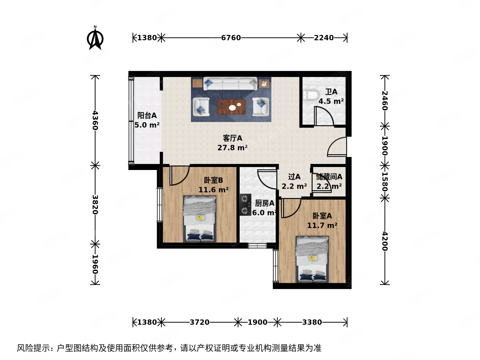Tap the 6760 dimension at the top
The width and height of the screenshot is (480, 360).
coord(231,38)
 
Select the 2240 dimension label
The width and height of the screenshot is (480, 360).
coord(324,38)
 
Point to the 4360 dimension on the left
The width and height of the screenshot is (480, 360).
coord(95,120)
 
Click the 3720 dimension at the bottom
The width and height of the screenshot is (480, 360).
coord(200,322)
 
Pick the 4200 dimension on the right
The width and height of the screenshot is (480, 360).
coord(385,241)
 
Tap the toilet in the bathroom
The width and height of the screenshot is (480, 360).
coord(310,95)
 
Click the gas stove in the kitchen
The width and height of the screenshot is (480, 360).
coord(245,204)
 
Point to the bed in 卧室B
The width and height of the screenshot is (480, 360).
coord(200,219)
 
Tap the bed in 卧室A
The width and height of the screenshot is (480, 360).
coord(312,259)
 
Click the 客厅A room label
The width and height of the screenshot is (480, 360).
coord(232,138)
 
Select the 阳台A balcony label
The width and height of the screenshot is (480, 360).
coord(147,115)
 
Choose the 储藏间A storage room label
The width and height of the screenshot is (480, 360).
coord(329,177)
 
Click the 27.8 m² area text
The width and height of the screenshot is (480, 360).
coord(232,148)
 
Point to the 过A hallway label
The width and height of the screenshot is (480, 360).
coord(294,177)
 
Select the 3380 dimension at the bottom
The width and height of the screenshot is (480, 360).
coord(312,322)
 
